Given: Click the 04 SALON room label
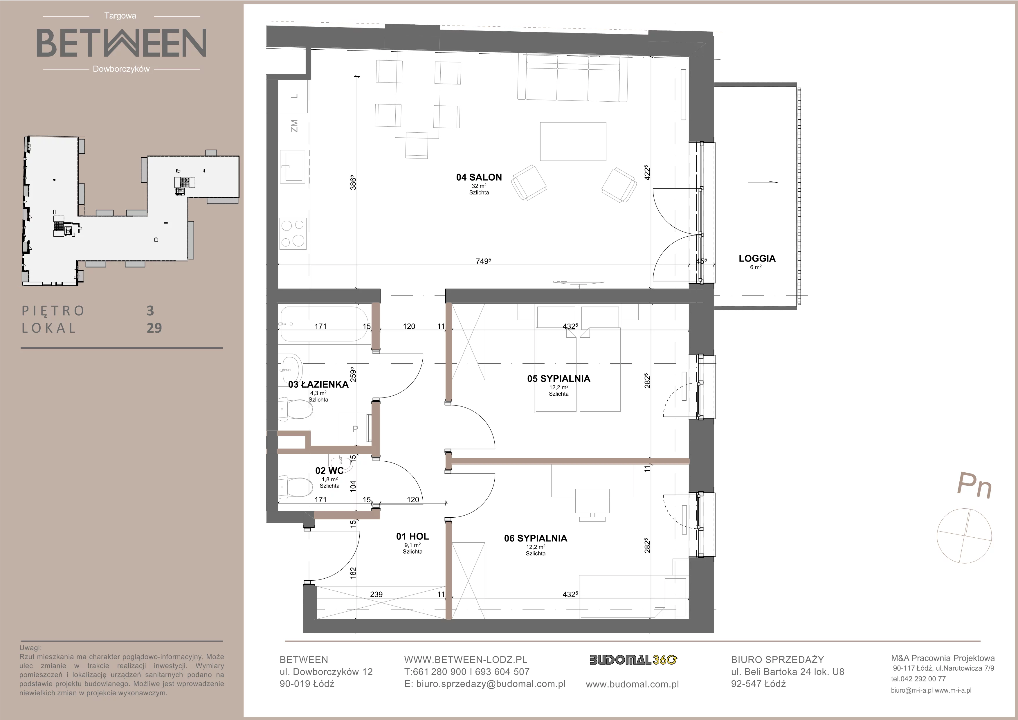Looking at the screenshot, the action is (x=479, y=177).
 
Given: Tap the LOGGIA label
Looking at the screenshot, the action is (x=757, y=258).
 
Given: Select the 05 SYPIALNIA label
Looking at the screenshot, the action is (x=559, y=379).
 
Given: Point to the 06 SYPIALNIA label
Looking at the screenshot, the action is (x=536, y=538).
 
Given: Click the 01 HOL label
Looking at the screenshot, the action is (x=412, y=537).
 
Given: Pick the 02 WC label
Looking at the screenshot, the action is (x=329, y=471).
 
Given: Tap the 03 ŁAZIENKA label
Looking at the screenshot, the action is (x=318, y=384).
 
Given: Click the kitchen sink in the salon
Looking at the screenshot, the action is (x=293, y=166).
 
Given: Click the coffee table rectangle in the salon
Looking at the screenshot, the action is (x=573, y=141).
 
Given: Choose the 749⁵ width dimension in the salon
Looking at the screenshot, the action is (x=483, y=261).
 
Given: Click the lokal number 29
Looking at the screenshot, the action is (x=154, y=328).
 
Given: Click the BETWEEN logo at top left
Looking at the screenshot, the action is (x=121, y=43).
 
